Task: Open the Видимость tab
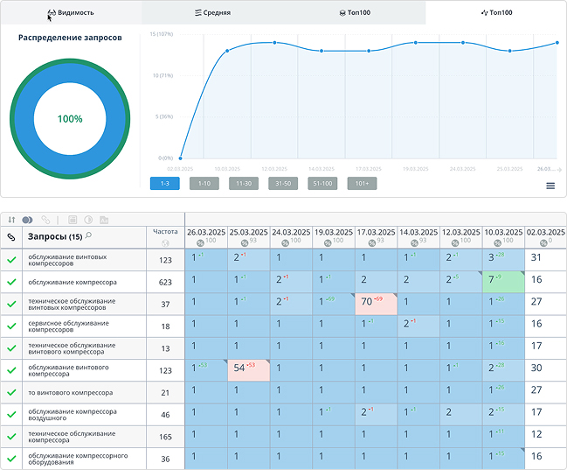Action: tap(71, 13)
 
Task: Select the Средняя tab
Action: tap(212, 13)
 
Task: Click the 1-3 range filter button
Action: tap(165, 184)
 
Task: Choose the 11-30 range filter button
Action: tap(244, 184)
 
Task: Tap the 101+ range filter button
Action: tap(362, 184)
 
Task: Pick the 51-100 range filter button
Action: tap(322, 184)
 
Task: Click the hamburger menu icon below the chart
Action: tap(550, 186)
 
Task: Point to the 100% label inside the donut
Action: tap(70, 119)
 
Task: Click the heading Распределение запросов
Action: tap(70, 38)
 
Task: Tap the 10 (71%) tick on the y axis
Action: tap(161, 75)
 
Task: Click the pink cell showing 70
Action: tap(376, 302)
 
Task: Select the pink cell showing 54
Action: tap(247, 369)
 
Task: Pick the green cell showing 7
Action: tap(502, 280)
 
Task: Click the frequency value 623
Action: tap(165, 281)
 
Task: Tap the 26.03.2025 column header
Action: tap(205, 232)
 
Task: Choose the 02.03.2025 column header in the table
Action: tap(545, 232)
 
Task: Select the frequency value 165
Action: tap(165, 435)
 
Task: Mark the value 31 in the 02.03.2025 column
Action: tap(536, 257)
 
